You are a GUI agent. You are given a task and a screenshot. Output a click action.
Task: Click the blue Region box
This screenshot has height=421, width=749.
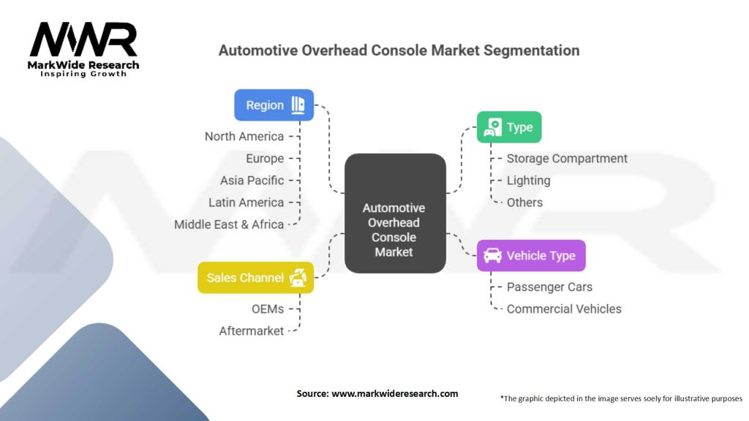274,105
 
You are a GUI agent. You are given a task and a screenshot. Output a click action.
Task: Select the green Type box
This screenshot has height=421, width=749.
509,127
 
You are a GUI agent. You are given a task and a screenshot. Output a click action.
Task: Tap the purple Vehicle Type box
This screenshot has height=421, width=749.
531,256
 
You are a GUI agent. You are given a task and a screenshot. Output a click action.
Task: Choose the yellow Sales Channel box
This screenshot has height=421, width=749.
255,278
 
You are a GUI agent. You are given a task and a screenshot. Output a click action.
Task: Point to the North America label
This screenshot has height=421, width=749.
244,137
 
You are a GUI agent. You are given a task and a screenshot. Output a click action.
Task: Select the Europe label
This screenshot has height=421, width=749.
265,159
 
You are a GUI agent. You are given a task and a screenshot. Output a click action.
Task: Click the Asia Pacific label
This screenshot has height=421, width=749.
252,181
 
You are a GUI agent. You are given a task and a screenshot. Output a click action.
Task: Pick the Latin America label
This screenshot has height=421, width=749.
246,202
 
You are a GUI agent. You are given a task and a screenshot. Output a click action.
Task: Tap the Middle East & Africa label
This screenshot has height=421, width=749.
229,224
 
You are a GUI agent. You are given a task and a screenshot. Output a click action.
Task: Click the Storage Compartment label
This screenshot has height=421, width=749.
567,159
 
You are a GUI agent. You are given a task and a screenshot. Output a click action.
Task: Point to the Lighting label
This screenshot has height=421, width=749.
528,181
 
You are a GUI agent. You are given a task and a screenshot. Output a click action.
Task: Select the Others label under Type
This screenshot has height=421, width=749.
524,202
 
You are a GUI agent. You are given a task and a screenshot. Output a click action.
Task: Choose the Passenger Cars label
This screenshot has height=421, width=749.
549,287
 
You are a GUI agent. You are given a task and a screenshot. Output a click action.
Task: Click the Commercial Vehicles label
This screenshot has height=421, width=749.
564,309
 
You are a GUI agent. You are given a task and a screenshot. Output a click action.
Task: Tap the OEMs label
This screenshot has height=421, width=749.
268,309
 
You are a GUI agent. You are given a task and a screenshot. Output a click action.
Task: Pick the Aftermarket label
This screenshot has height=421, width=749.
252,331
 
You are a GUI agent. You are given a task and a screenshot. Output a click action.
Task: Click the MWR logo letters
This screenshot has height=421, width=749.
83,41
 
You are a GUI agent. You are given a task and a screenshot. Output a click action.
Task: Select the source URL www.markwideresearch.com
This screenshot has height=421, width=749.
395,393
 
